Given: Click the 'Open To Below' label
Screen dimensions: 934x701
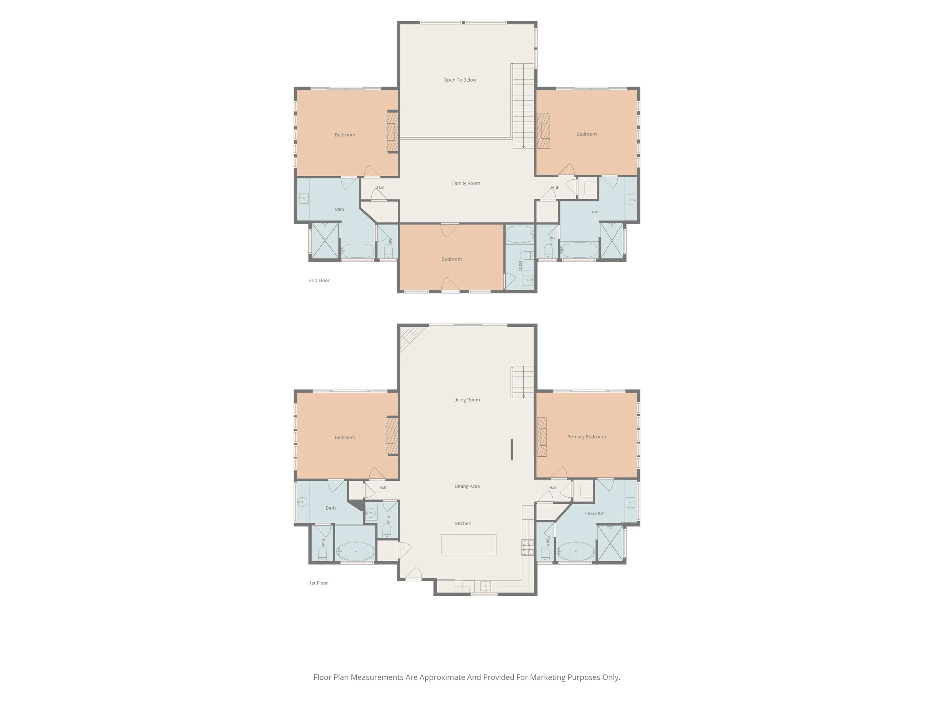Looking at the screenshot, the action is pyautogui.click(x=460, y=80).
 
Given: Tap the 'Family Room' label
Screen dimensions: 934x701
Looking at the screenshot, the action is pyautogui.click(x=466, y=183).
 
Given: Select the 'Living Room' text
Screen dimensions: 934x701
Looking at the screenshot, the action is pyautogui.click(x=467, y=400).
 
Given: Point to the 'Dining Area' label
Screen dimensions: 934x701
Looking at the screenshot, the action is pyautogui.click(x=467, y=486).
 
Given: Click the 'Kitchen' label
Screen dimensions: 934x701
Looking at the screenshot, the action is pyautogui.click(x=463, y=524).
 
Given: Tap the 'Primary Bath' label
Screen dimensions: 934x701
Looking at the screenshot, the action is pyautogui.click(x=595, y=513).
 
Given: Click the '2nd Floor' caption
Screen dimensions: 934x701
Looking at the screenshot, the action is pyautogui.click(x=319, y=280).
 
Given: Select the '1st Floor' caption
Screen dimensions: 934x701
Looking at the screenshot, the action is pyautogui.click(x=318, y=583).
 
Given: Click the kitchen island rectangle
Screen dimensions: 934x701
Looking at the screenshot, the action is pyautogui.click(x=469, y=545).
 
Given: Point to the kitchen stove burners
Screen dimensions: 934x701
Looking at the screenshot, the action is pyautogui.click(x=527, y=548).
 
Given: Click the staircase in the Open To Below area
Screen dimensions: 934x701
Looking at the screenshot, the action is pyautogui.click(x=524, y=106).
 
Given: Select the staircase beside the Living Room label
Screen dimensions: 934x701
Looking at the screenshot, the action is pyautogui.click(x=523, y=382).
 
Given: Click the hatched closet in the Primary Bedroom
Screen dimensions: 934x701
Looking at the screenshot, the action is pyautogui.click(x=542, y=437).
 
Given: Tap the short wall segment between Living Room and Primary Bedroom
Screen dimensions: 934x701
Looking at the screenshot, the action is pyautogui.click(x=512, y=450).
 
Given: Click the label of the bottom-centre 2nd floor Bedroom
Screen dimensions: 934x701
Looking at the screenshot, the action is pyautogui.click(x=451, y=259).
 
